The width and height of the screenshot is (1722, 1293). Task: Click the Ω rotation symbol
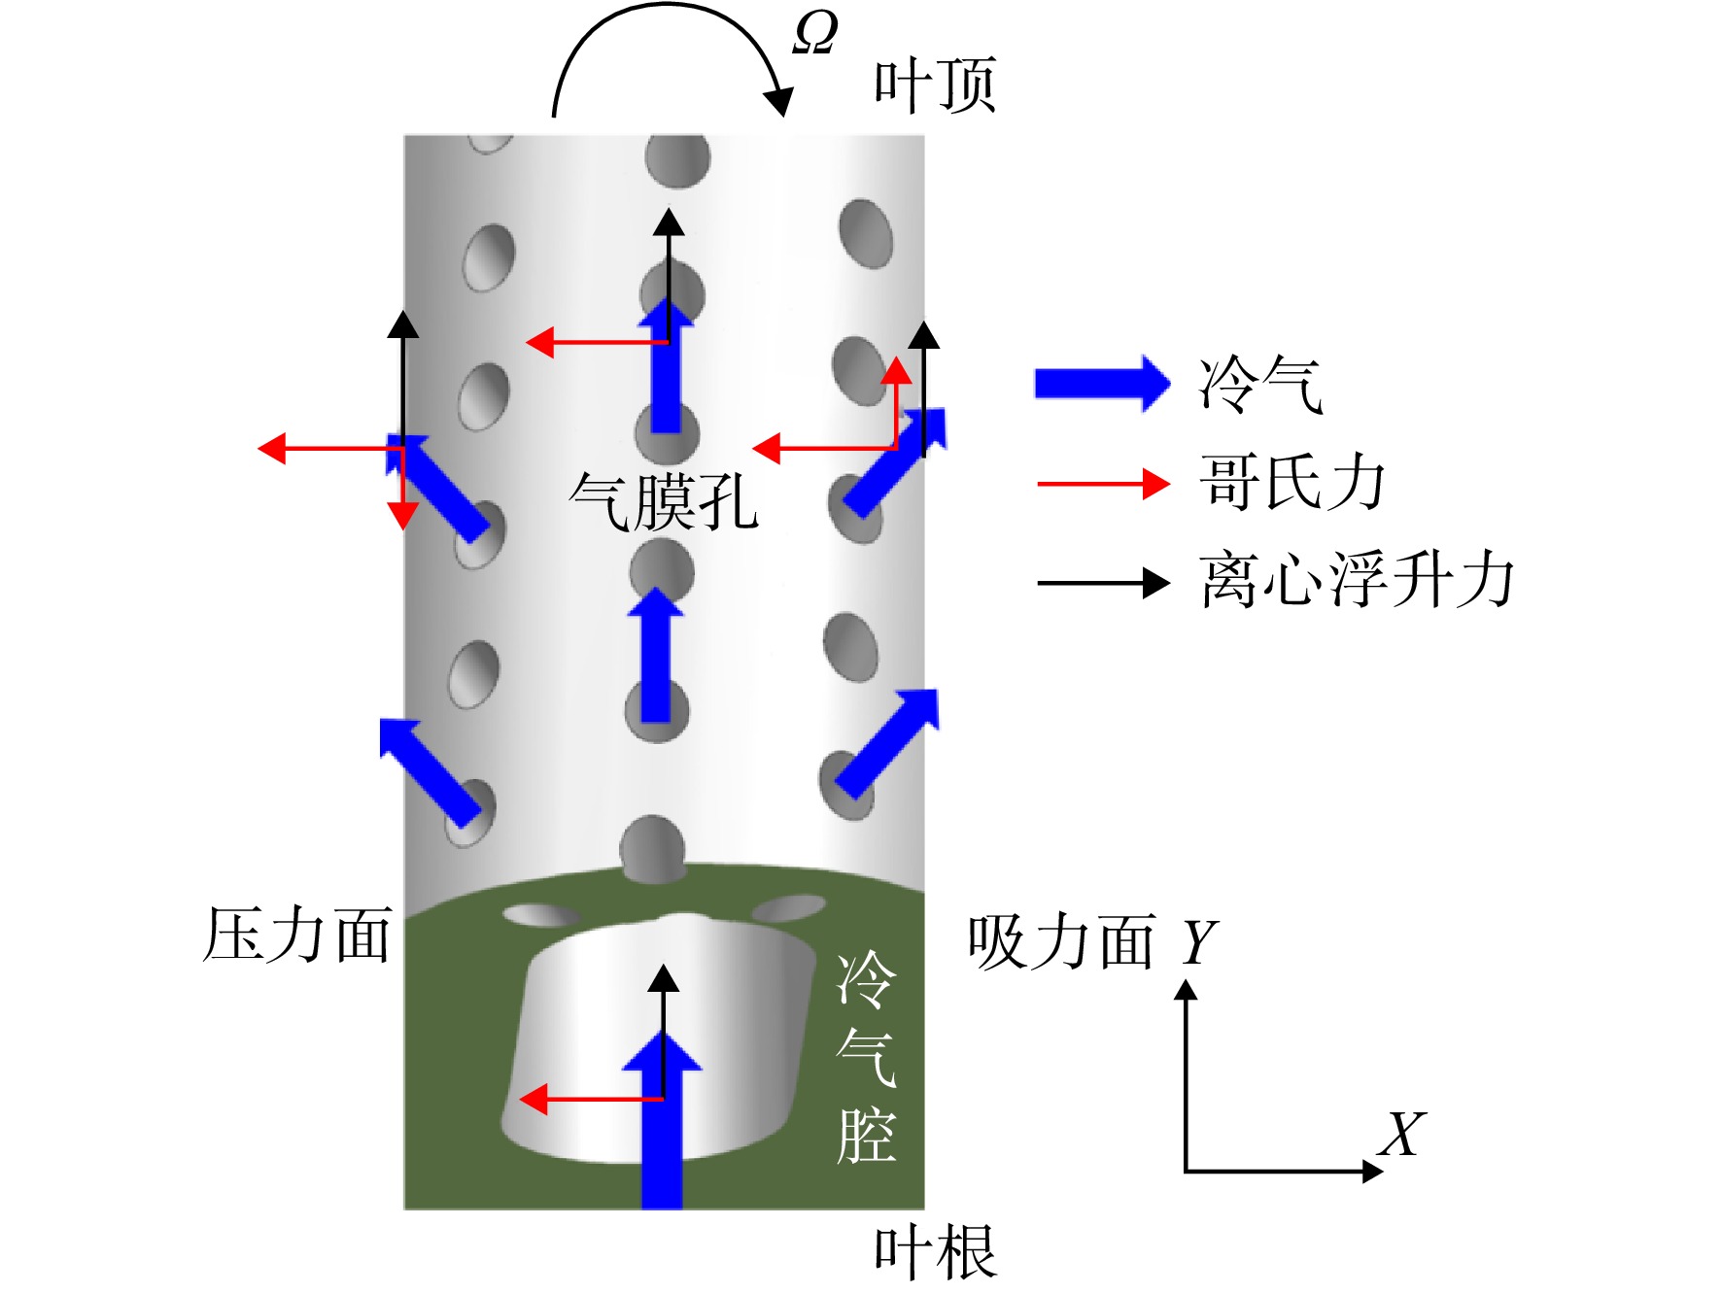pos(815,33)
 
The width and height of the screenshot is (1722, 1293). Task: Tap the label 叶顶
pos(935,85)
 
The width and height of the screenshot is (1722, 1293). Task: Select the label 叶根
pos(935,1252)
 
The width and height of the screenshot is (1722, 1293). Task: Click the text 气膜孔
pos(664,501)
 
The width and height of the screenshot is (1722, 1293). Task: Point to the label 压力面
pos(297,935)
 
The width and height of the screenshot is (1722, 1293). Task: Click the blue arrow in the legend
pos(1102,384)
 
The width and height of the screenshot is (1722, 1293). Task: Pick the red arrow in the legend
pos(1103,483)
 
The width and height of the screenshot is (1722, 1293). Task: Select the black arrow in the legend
pos(1103,583)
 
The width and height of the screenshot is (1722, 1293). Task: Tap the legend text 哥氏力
pos(1292,482)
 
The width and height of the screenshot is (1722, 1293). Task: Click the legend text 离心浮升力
pos(1357,580)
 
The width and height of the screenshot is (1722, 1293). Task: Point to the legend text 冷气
pos(1261,384)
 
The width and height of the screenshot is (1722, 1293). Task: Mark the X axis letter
pos(1402,1134)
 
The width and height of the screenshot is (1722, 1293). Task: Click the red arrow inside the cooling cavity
pos(591,1100)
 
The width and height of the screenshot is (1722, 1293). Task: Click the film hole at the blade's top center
pos(676,160)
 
